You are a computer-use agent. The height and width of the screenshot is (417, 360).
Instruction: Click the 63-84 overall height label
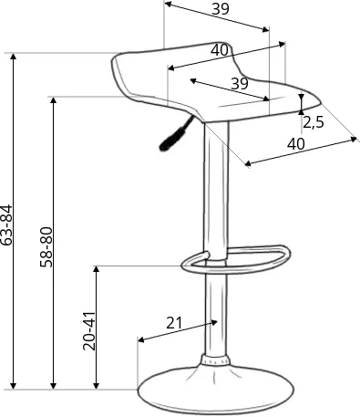point(6,225)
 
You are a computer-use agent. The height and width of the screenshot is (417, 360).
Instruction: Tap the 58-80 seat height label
point(46,247)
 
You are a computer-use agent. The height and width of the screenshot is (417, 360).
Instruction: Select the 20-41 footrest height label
point(89,331)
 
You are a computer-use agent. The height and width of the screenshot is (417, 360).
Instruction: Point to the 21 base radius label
point(174,323)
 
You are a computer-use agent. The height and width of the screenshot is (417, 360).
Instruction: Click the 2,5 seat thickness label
point(314,122)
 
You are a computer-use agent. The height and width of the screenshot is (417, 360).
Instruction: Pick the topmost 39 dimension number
point(221,9)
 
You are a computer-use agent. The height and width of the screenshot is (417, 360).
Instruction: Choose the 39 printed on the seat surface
point(240,83)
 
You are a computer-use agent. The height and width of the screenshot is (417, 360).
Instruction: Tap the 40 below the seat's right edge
point(296,144)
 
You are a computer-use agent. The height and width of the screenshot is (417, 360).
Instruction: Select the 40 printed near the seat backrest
point(220,50)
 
